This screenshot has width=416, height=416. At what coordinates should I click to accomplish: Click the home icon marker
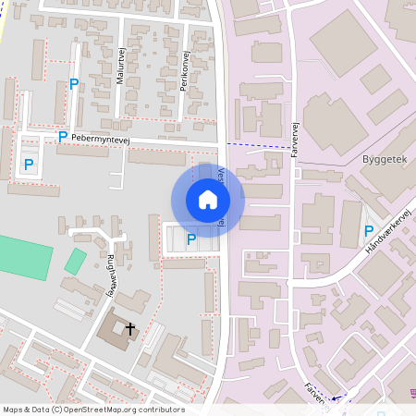click(208, 200)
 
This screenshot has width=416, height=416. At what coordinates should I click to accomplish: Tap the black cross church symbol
click(130, 328)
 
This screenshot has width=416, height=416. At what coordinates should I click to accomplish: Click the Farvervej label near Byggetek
click(296, 138)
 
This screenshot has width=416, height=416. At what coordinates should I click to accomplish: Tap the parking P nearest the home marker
click(191, 239)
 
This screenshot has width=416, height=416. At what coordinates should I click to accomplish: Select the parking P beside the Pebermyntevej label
click(62, 136)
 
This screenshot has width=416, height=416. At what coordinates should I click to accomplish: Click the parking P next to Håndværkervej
click(369, 231)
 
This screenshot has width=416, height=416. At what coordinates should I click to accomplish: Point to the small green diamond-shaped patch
click(75, 261)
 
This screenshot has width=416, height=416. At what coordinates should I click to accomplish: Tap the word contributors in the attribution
click(160, 410)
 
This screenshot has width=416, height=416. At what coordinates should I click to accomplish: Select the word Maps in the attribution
click(13, 410)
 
